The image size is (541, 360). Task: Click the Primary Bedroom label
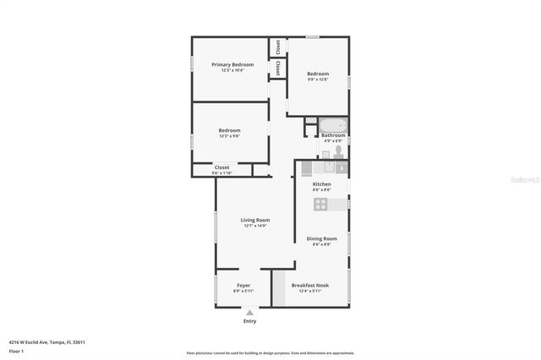coord(232,65)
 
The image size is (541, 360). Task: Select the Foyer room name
coord(243,285)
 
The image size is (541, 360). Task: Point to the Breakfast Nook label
coord(310,285)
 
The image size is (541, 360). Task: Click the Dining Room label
coord(321,238)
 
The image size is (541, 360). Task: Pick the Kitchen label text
coord(321,183)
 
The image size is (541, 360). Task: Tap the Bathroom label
coord(333,135)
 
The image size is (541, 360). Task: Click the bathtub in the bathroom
coord(332,125)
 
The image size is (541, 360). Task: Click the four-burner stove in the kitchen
coord(321,204)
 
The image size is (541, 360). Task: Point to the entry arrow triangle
coord(249,312)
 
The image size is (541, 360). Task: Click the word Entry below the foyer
coord(249,321)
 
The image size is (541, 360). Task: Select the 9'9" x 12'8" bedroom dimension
coord(318,80)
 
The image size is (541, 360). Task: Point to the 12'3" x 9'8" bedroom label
coord(229,136)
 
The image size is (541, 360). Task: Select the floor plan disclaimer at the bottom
coord(270,353)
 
